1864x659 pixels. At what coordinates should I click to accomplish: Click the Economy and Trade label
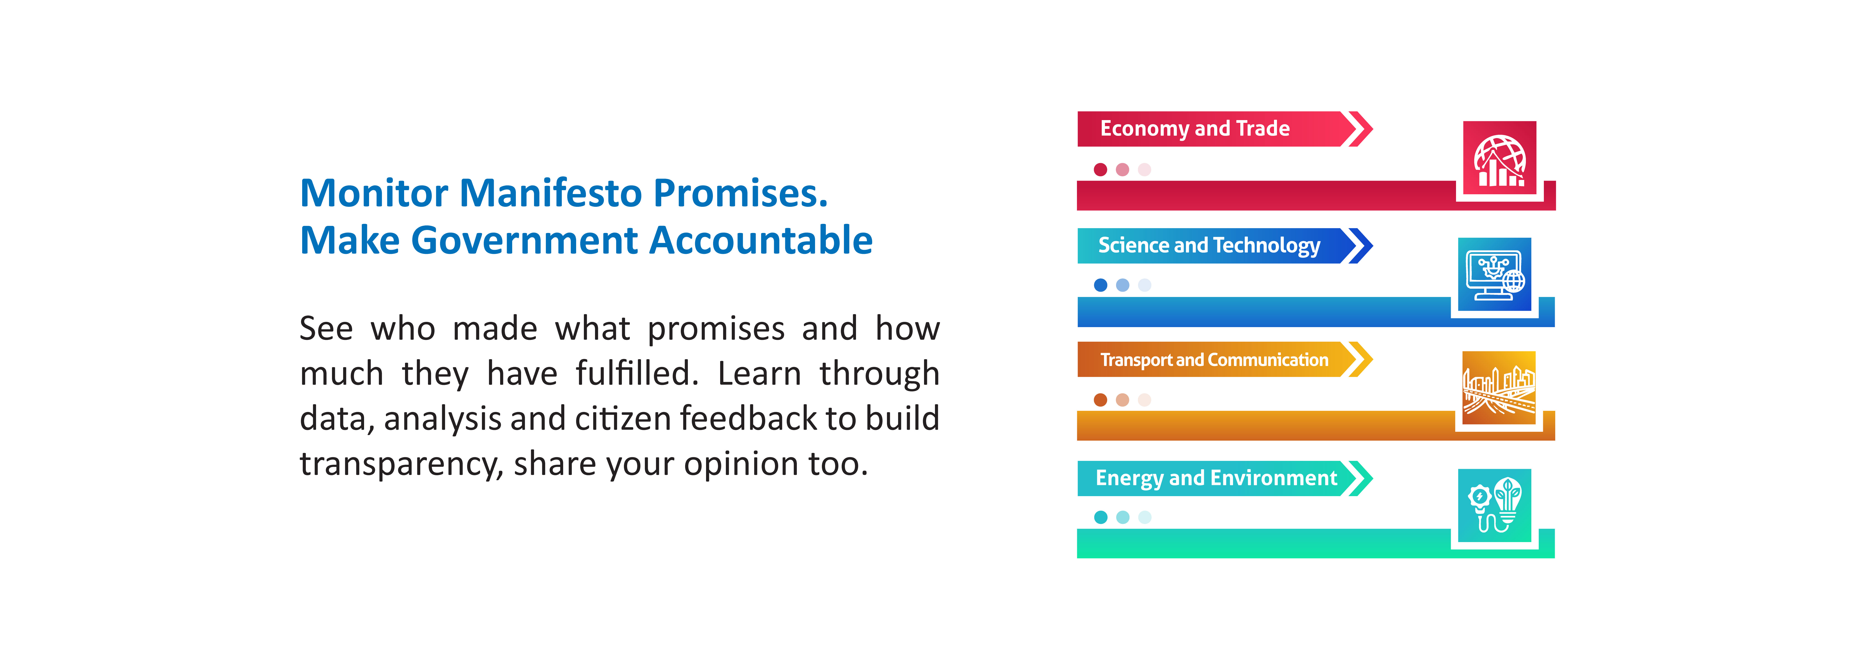1195,129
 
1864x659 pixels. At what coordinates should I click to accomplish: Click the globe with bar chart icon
1499,158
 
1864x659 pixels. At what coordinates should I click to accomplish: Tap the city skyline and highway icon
1499,388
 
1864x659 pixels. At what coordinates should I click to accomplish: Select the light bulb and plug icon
1494,505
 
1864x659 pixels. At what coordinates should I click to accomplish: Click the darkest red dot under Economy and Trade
1101,169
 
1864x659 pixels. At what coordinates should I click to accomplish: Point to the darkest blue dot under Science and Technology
1101,285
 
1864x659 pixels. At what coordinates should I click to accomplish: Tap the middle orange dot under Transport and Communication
1122,400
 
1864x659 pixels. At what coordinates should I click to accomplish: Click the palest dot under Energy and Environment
1144,517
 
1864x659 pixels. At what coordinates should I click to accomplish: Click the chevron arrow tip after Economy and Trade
1372,129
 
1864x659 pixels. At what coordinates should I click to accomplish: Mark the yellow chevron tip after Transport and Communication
1372,359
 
